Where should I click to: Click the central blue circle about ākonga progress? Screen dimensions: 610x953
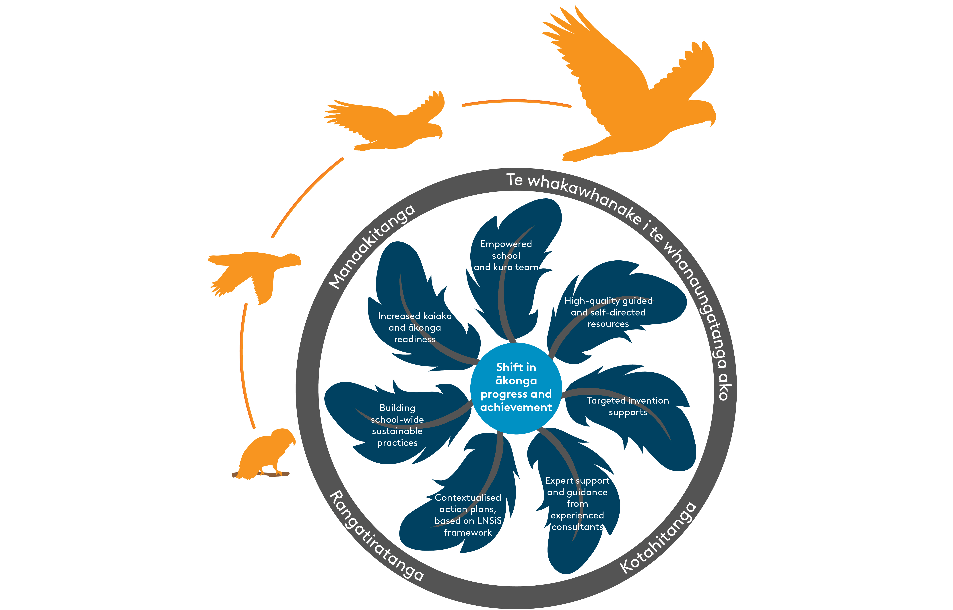pyautogui.click(x=516, y=387)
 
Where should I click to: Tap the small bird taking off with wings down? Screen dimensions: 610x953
pyautogui.click(x=253, y=273)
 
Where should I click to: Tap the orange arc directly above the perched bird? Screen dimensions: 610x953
pyautogui.click(x=242, y=364)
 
